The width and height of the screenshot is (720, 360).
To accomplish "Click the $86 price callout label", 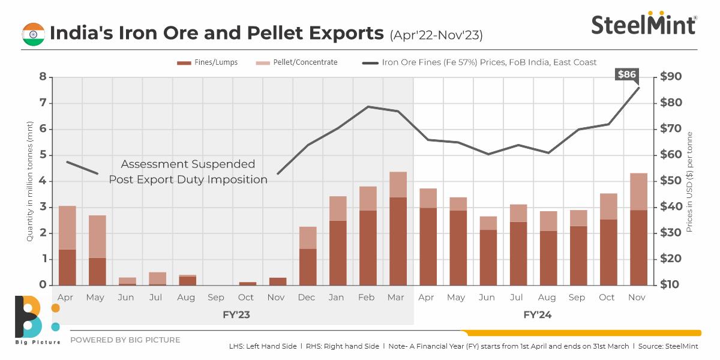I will coord(628,75).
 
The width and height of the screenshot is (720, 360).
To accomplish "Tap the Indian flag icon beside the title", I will coord(33,34).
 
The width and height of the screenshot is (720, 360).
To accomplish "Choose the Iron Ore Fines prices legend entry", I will coord(480,62).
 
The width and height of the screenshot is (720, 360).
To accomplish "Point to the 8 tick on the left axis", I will coord(43,77).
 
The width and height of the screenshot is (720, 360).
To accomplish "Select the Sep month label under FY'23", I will coord(216,298).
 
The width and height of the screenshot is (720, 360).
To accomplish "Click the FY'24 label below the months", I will coord(537,314).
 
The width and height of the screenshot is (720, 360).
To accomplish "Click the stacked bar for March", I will coord(398,228).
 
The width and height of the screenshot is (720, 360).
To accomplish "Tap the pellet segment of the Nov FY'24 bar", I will coord(638,191).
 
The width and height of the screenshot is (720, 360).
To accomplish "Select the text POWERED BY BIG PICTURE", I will coord(125,340).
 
